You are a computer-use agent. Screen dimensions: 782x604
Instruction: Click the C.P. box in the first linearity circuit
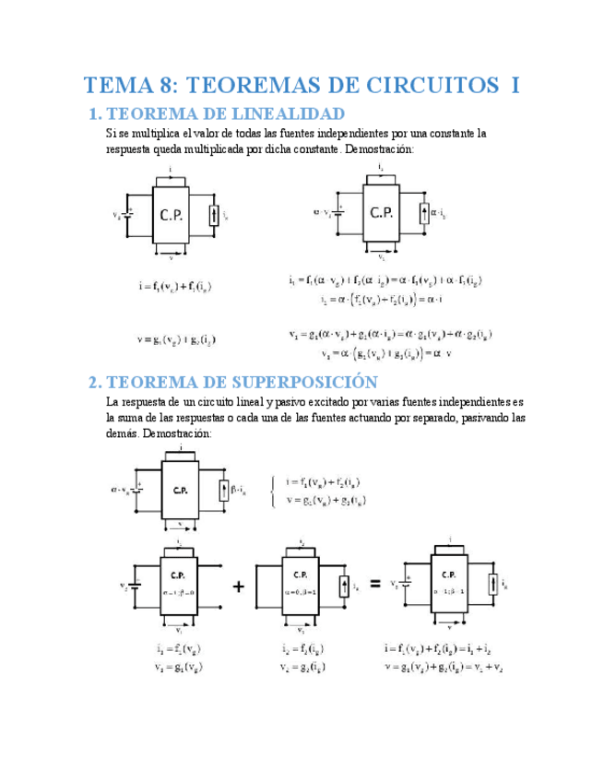[172, 216]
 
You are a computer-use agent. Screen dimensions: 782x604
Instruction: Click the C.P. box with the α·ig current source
[382, 213]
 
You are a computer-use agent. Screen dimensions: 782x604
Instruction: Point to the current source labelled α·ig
[425, 214]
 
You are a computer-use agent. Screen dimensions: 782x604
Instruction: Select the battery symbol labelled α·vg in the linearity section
[339, 213]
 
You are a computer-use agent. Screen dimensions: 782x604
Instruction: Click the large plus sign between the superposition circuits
[238, 585]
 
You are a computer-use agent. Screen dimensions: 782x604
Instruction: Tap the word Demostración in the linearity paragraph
[379, 148]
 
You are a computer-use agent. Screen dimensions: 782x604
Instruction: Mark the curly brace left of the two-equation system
[274, 491]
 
